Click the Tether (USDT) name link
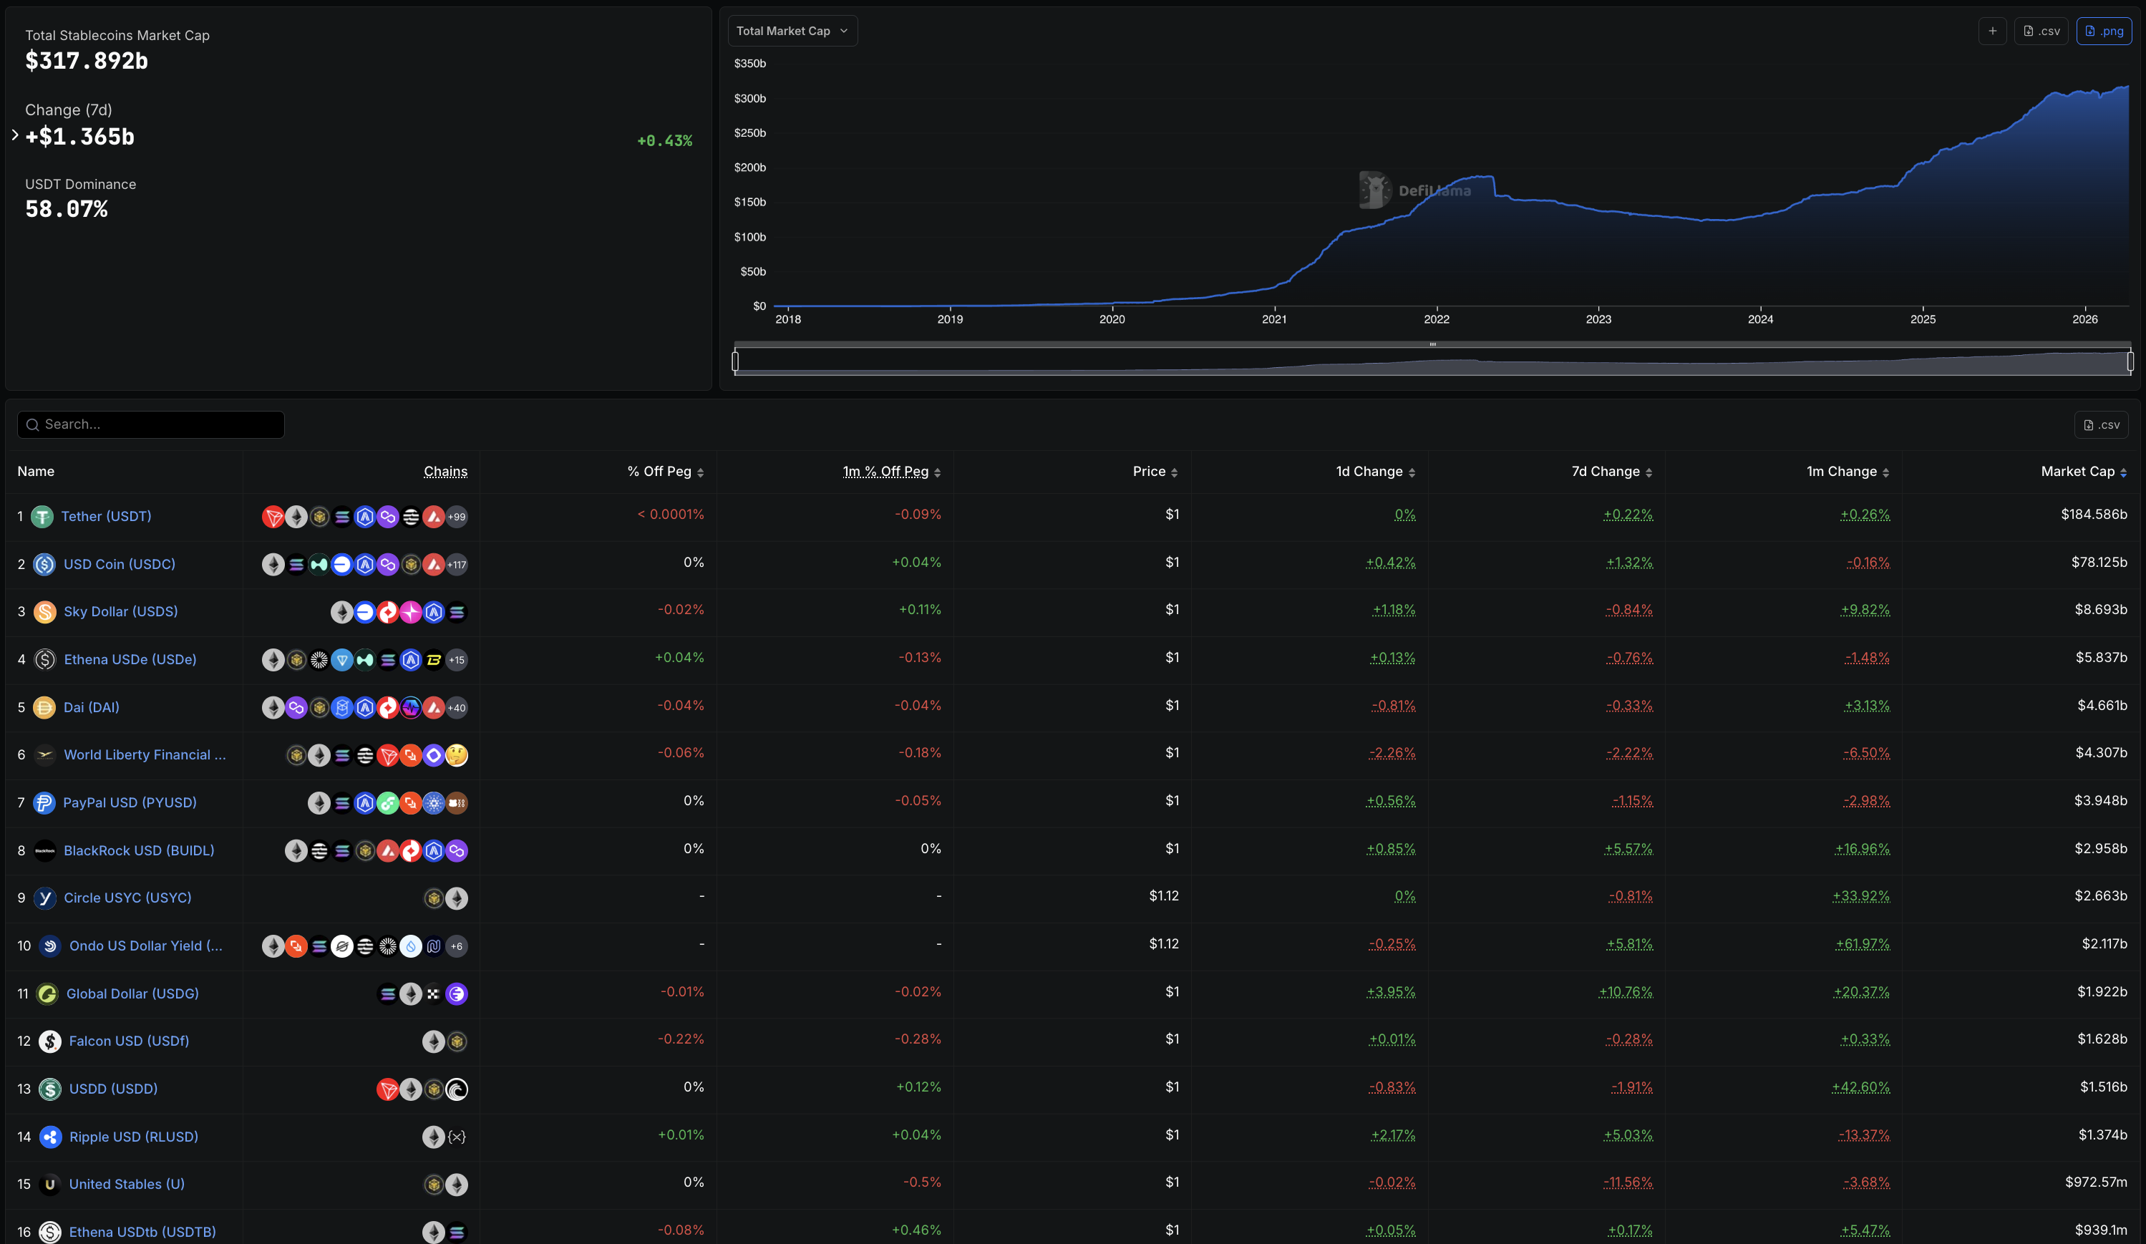coord(106,516)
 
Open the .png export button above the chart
coord(2104,31)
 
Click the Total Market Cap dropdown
coord(791,31)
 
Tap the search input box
coord(152,424)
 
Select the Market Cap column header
coord(2077,471)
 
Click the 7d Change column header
coord(1606,471)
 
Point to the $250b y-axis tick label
coord(749,133)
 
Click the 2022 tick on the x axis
coord(1436,319)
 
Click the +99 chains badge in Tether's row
coord(457,517)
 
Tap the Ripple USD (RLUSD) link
coord(134,1136)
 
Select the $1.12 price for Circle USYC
coord(1163,895)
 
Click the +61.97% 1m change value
coord(1863,943)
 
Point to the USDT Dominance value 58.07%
coord(67,208)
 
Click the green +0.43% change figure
coord(664,140)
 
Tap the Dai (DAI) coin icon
coord(44,708)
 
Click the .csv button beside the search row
coord(2101,424)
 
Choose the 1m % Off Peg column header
coord(885,471)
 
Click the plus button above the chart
coord(1992,31)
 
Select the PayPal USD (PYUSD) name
coord(130,802)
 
